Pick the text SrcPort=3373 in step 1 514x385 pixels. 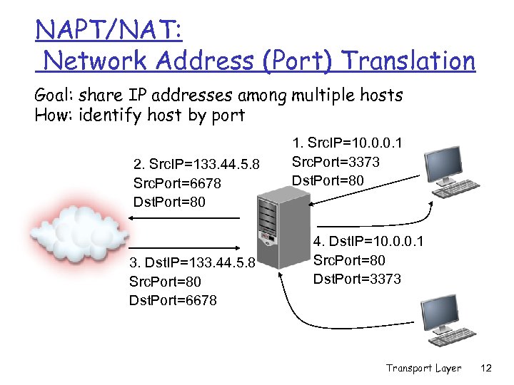tap(336, 162)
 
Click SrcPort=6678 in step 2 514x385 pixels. tap(177, 184)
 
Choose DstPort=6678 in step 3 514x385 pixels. tap(173, 300)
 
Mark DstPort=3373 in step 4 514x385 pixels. tap(357, 278)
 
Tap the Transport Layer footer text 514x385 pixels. tap(423, 369)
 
